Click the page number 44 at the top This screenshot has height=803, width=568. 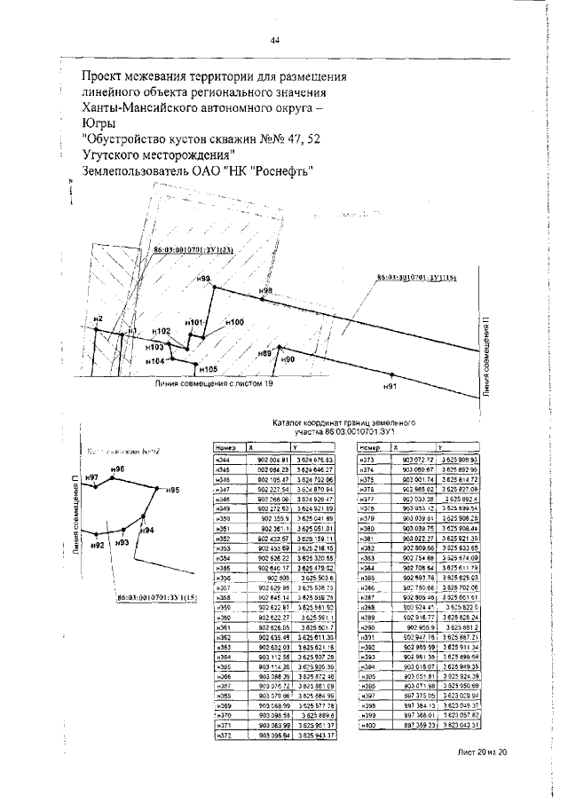tap(275, 40)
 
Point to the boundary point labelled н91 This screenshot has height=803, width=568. tap(389, 388)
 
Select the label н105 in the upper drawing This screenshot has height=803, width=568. tap(209, 368)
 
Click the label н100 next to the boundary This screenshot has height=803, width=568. tap(234, 322)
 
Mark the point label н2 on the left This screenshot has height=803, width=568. tap(99, 318)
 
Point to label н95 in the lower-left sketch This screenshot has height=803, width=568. tap(172, 490)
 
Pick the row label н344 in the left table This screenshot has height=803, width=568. tap(223, 461)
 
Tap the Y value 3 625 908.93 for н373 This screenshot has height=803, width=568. tap(461, 461)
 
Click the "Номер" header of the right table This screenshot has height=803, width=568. tap(371, 448)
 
